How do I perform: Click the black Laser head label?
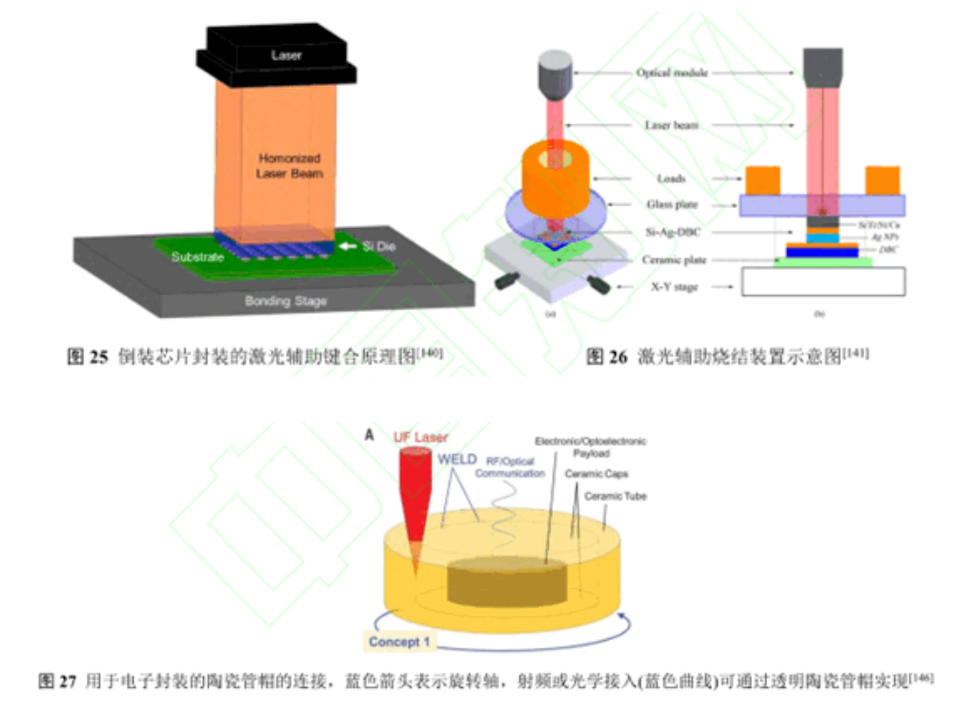click(x=286, y=55)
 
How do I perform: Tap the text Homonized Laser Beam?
click(x=290, y=166)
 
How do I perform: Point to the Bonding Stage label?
click(x=285, y=301)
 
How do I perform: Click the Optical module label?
click(x=672, y=73)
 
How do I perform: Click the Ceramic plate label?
click(x=672, y=259)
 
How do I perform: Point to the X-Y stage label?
click(x=672, y=287)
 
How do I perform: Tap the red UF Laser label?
click(x=420, y=438)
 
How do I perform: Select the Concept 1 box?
click(x=401, y=642)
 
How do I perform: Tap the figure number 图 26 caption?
click(x=606, y=357)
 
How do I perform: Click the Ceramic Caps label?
click(x=596, y=474)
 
